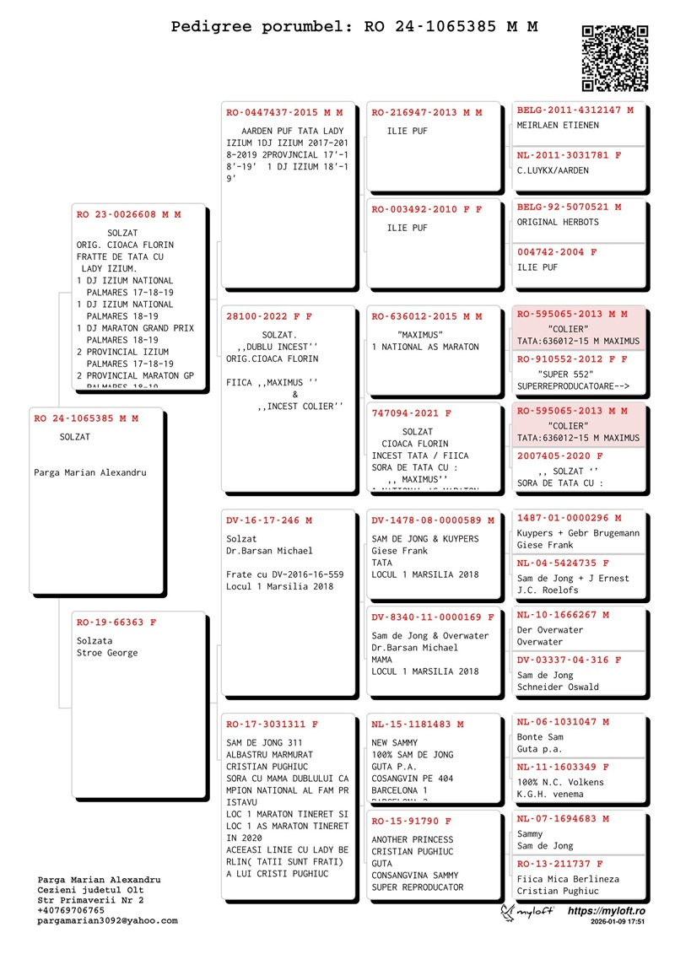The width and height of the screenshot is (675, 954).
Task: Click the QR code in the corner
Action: pyautogui.click(x=615, y=58)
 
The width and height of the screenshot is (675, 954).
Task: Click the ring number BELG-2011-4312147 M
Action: pyautogui.click(x=575, y=110)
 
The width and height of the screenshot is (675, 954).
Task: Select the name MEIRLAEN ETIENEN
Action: pyautogui.click(x=558, y=126)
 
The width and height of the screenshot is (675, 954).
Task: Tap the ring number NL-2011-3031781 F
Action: pyautogui.click(x=569, y=156)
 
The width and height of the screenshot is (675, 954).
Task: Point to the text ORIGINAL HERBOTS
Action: pyautogui.click(x=558, y=223)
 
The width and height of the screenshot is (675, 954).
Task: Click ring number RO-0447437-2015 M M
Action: pyautogui.click(x=284, y=113)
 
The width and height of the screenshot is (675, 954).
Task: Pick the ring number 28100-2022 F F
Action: pyautogui.click(x=269, y=317)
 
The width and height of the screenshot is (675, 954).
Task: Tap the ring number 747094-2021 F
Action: pyautogui.click(x=412, y=414)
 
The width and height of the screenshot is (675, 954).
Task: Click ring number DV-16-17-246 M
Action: pyautogui.click(x=269, y=521)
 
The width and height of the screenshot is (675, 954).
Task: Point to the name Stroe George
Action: pyautogui.click(x=107, y=653)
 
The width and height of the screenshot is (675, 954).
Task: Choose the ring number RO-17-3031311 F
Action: pyautogui.click(x=273, y=725)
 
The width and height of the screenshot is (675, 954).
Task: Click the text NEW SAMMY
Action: pyautogui.click(x=395, y=743)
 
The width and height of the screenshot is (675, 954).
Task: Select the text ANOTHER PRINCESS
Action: pyautogui.click(x=413, y=840)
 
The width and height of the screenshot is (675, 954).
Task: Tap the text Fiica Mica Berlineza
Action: pyautogui.click(x=568, y=879)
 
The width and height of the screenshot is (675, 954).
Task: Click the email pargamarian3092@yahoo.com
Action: pyautogui.click(x=107, y=921)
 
